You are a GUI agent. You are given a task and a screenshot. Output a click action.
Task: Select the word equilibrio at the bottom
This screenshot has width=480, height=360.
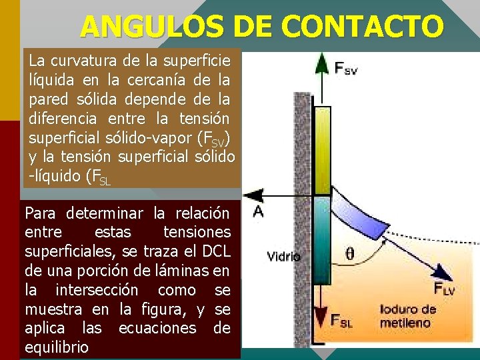pos(56,347)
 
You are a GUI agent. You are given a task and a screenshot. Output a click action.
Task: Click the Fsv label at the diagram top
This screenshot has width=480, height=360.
pos(345,68)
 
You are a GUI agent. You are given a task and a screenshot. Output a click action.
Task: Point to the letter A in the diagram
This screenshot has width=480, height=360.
pos(259,211)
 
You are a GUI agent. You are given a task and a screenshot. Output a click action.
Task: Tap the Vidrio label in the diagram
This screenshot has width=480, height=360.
pos(283,255)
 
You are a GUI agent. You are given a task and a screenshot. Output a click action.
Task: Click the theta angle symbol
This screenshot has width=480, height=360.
pos(351,253)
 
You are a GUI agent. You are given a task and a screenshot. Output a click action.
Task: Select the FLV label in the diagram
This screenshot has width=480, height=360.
pos(445,289)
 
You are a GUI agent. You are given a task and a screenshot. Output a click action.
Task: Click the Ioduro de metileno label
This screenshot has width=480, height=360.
pos(407,315)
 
